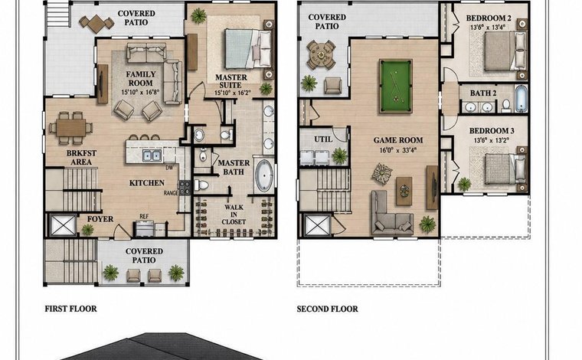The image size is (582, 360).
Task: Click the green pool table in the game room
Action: [x=396, y=86]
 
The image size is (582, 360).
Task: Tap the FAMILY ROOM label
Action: [x=140, y=79]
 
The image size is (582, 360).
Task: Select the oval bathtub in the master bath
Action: [x=264, y=175]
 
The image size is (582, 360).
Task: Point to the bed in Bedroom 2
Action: [x=505, y=51]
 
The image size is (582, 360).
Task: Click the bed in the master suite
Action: [x=248, y=49]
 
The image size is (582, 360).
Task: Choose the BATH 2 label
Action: [x=483, y=93]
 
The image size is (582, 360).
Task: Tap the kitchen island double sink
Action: [x=152, y=155]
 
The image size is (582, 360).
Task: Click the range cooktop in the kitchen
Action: [x=185, y=188]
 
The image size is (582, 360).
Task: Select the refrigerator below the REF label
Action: [x=145, y=228]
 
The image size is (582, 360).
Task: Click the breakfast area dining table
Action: [x=71, y=128]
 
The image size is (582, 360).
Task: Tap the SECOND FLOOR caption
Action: [x=328, y=309]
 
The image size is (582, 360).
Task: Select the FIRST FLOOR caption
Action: [x=70, y=309]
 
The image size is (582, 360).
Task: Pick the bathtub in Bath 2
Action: [x=521, y=98]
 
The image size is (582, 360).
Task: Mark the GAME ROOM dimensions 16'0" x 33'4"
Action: [x=398, y=150]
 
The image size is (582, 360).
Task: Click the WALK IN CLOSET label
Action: [x=234, y=214]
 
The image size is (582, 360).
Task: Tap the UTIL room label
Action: [x=323, y=139]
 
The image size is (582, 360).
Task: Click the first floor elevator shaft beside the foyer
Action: [x=63, y=225]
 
